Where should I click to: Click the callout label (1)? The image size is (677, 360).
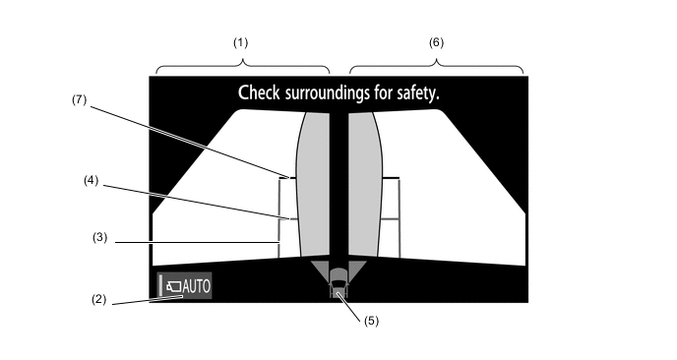click(240, 42)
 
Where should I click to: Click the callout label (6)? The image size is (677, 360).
click(436, 42)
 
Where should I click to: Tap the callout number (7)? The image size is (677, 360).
click(79, 99)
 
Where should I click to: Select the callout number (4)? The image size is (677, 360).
click(92, 180)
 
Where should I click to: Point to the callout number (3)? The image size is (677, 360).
click(99, 237)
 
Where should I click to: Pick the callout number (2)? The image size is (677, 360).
click(98, 299)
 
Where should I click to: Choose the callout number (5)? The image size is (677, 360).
click(371, 321)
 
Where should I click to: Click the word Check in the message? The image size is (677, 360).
click(259, 92)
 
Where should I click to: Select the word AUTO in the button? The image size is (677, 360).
click(197, 286)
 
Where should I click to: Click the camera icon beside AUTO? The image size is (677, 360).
click(174, 286)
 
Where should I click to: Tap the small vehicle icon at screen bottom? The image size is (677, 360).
click(338, 282)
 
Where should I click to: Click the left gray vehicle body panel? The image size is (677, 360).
click(313, 184)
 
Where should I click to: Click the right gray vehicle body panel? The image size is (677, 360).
click(365, 184)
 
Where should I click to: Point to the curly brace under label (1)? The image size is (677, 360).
click(243, 66)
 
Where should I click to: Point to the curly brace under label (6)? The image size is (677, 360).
click(437, 66)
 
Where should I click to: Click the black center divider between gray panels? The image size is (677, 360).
click(339, 186)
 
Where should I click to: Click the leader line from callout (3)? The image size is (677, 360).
click(198, 243)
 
